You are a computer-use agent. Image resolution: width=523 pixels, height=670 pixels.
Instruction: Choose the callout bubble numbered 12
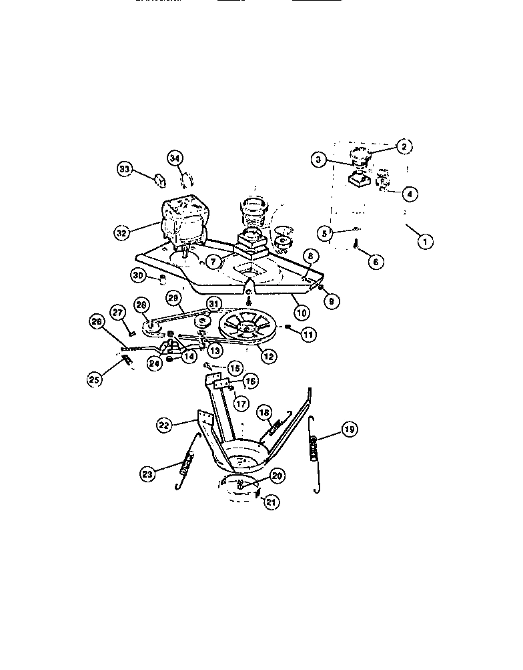coord(268,356)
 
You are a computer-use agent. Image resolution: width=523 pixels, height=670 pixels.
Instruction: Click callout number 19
coord(349,430)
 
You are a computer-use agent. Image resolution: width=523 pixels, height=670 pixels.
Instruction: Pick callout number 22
coord(164,424)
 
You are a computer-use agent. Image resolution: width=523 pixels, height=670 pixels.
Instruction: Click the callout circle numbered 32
coord(121,233)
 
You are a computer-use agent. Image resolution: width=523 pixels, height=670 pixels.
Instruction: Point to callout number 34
coord(175,158)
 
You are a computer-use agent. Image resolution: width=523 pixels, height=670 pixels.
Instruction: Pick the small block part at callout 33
coord(160,179)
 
